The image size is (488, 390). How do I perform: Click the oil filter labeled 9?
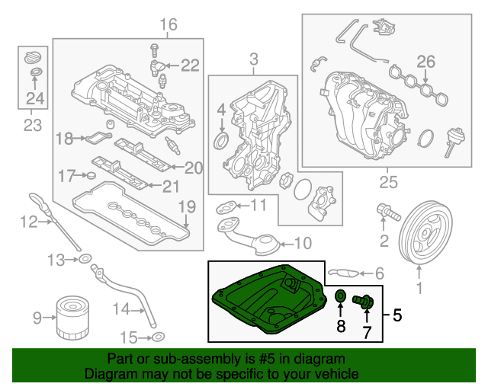(x=72, y=319)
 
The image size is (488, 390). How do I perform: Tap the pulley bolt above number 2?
(x=387, y=212)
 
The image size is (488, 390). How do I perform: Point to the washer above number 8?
(x=341, y=296)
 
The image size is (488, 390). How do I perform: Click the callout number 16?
(x=168, y=25)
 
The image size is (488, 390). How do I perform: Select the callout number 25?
(x=390, y=182)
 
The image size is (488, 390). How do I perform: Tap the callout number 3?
(x=253, y=58)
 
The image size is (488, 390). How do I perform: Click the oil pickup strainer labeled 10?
(x=255, y=242)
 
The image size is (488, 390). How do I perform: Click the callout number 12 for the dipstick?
(x=28, y=222)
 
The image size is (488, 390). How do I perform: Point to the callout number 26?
(x=425, y=62)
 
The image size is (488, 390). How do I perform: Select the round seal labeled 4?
(x=222, y=142)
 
